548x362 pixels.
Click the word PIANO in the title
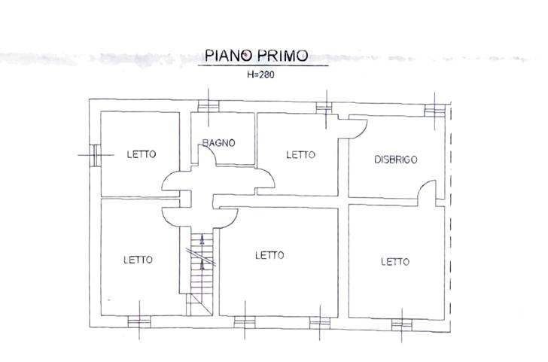click(x=228, y=56)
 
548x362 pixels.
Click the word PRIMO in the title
click(x=283, y=56)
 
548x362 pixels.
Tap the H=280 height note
click(x=260, y=75)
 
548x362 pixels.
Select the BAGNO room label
click(x=219, y=142)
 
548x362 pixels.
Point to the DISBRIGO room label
click(x=396, y=160)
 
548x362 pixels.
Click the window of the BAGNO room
click(x=209, y=106)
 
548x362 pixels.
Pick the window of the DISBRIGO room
click(x=434, y=111)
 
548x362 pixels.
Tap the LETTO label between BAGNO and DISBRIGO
click(x=300, y=154)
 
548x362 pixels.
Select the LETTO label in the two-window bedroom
click(x=269, y=255)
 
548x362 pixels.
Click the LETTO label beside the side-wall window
click(x=142, y=154)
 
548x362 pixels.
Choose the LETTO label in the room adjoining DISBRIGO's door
click(x=395, y=261)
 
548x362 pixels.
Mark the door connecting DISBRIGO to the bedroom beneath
click(x=427, y=193)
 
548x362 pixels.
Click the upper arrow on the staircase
click(x=202, y=239)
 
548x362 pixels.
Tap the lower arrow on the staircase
click(x=202, y=266)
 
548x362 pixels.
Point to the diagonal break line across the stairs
click(x=200, y=257)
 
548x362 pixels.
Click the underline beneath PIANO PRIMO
click(x=263, y=65)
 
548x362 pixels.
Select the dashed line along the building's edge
click(x=451, y=217)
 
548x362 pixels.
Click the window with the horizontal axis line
click(x=95, y=155)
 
